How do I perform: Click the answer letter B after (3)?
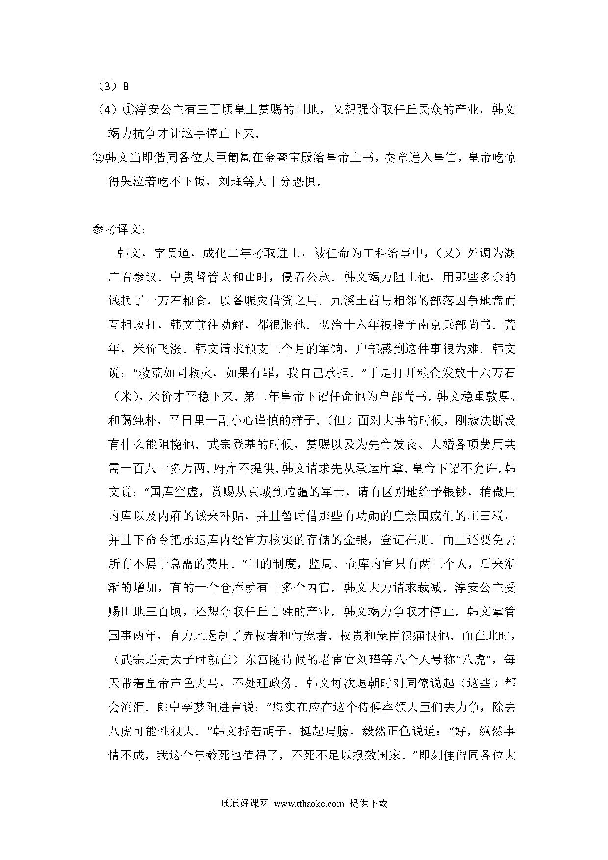(126, 87)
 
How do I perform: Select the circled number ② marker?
(98, 158)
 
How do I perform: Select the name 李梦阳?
(218, 708)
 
